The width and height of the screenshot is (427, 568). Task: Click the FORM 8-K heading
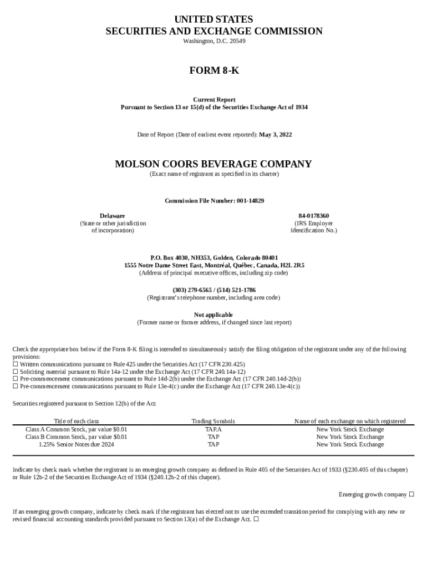pos(213,70)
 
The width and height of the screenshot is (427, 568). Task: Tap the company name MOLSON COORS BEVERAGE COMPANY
pos(213,164)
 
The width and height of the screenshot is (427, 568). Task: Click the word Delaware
pos(112,216)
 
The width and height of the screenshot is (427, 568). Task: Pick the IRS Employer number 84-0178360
pos(313,216)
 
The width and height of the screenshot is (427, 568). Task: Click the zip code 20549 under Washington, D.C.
pos(236,42)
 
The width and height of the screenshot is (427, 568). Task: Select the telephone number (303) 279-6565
pos(192,290)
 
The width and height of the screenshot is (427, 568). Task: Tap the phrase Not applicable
pos(213,315)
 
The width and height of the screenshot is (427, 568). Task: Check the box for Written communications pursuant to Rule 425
pos(16,364)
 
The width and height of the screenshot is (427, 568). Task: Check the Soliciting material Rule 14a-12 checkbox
pos(16,372)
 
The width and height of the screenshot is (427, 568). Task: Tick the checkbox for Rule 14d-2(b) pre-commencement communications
pos(16,379)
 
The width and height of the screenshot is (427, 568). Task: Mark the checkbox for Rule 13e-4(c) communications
pos(16,386)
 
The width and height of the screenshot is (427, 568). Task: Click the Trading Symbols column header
pos(213,422)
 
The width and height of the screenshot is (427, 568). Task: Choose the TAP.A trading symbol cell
pos(213,429)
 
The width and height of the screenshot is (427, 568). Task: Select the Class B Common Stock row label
pos(76,437)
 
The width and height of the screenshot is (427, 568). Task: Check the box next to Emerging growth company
pos(411,494)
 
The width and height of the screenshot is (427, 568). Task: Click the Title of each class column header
pos(76,422)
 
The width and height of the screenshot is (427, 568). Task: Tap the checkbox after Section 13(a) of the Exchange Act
pos(256,520)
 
